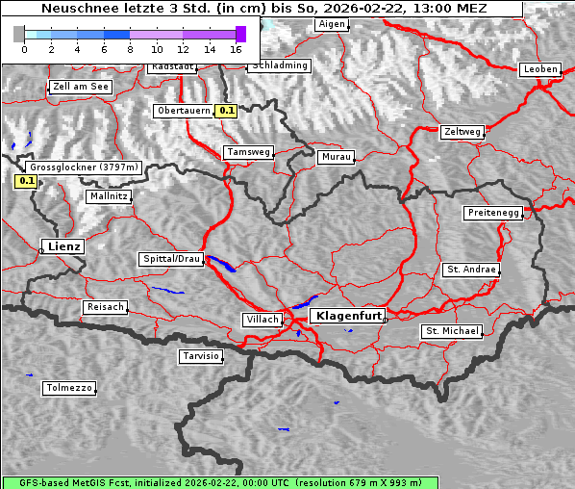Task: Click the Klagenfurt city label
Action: point(350,315)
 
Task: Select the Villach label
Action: point(262,319)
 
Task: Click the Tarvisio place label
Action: point(201,356)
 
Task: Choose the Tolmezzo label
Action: point(69,388)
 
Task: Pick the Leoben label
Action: point(539,69)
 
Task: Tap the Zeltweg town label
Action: point(462,131)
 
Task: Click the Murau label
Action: point(337,156)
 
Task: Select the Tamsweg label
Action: point(249,152)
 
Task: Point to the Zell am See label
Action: point(81,87)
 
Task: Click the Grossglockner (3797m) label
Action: point(86,167)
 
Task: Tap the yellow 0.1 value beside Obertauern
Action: point(226,111)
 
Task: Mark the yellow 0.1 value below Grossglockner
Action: point(26,180)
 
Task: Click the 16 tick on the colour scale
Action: point(237,48)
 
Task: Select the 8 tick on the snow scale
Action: point(130,48)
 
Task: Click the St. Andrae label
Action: point(471,270)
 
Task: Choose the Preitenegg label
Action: point(493,213)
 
